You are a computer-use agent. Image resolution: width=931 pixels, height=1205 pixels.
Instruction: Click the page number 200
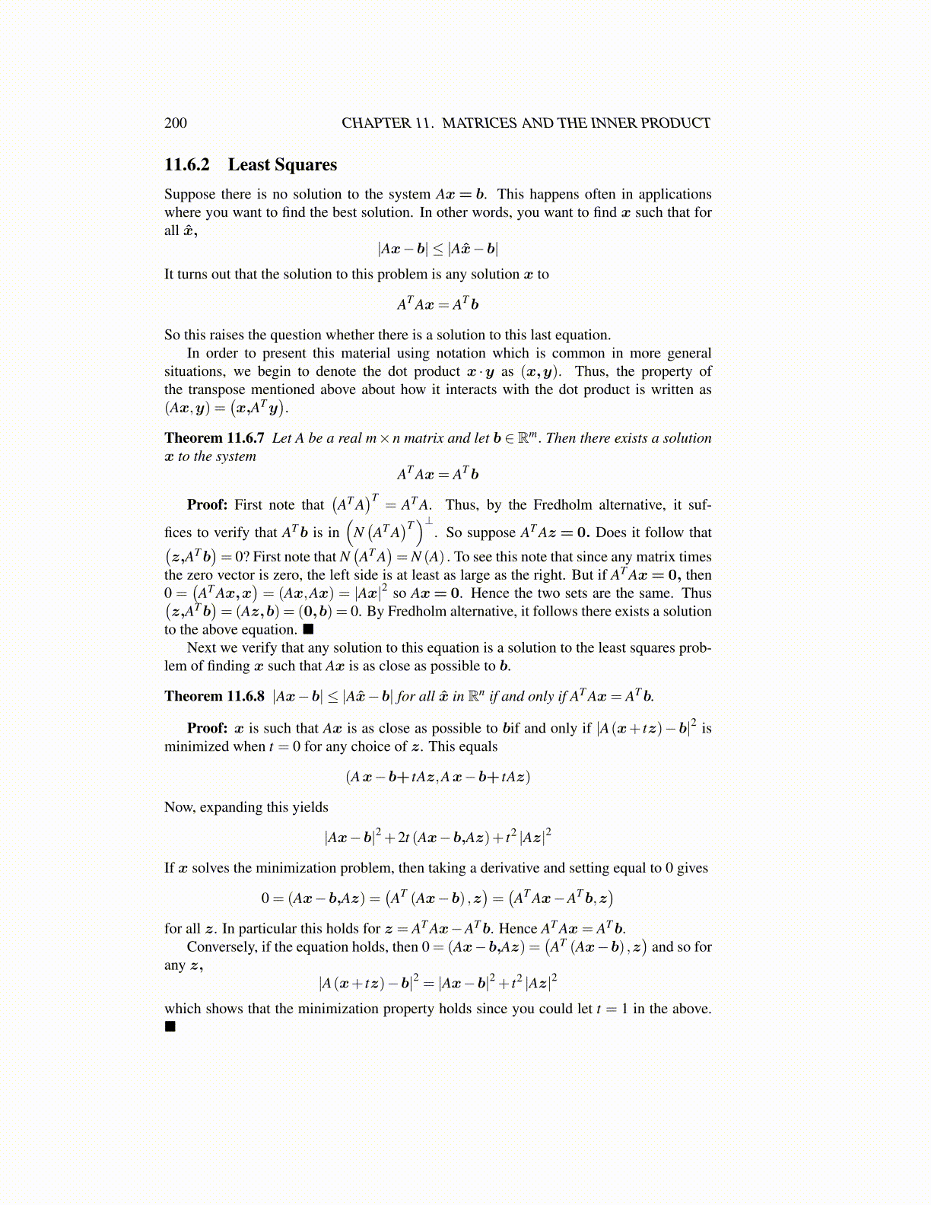pyautogui.click(x=175, y=123)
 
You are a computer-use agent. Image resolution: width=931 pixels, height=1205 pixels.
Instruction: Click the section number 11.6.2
pyautogui.click(x=187, y=165)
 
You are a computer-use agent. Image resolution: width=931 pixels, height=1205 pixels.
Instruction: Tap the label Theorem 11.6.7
pyautogui.click(x=214, y=438)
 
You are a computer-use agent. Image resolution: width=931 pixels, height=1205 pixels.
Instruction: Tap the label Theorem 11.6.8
pyautogui.click(x=214, y=696)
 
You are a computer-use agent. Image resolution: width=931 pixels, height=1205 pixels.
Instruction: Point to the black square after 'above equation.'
pyautogui.click(x=308, y=629)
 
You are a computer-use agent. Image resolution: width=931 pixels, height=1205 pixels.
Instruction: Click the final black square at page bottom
pyautogui.click(x=170, y=1027)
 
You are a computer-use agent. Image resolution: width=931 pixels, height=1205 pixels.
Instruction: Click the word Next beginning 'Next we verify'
pyautogui.click(x=202, y=647)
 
